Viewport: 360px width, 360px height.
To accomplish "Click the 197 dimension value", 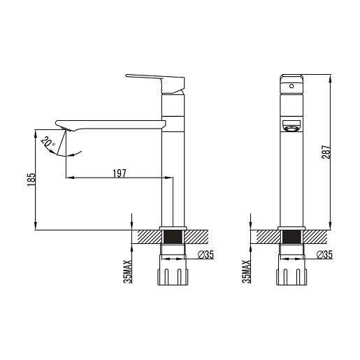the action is [x=120, y=173].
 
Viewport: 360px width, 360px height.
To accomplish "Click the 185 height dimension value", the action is [x=31, y=180].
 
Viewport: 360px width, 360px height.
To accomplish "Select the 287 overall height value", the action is [x=326, y=152].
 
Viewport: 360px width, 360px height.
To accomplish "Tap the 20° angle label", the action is [x=48, y=142].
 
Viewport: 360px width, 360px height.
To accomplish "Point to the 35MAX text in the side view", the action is [x=128, y=272].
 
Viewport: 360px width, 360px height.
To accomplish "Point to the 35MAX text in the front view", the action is [x=246, y=272].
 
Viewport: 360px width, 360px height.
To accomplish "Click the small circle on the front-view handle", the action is [x=291, y=86].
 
